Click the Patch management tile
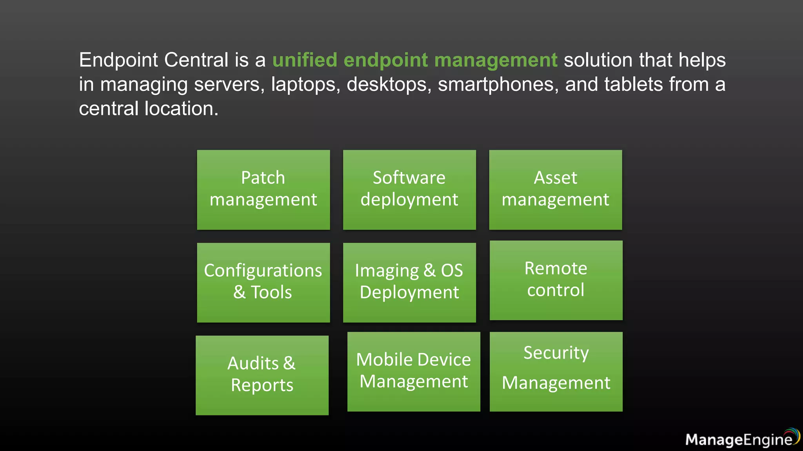click(x=263, y=189)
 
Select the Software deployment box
click(x=409, y=189)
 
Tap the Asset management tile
click(x=555, y=189)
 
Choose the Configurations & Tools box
click(x=263, y=282)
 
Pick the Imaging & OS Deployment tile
click(x=409, y=282)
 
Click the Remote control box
click(x=556, y=280)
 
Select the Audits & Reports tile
click(x=262, y=375)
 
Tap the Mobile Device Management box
click(x=414, y=372)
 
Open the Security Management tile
click(x=556, y=372)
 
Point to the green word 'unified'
click(x=305, y=60)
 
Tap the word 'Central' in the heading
click(x=196, y=60)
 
